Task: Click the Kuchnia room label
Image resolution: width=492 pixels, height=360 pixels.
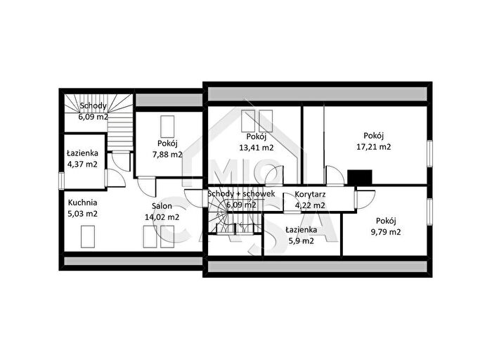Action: pyautogui.click(x=82, y=202)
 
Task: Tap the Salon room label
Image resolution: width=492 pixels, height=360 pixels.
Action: pyautogui.click(x=162, y=206)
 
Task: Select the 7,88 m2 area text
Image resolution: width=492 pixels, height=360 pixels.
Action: pyautogui.click(x=167, y=155)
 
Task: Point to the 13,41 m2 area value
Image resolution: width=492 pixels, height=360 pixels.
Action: pyautogui.click(x=257, y=148)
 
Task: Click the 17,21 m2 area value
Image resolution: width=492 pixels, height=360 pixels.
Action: pyautogui.click(x=374, y=146)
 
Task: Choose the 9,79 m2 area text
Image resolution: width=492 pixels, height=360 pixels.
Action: pyautogui.click(x=386, y=232)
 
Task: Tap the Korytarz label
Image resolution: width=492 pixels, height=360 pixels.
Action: pyautogui.click(x=310, y=194)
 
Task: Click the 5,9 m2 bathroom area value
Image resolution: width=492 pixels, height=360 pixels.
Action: pyautogui.click(x=301, y=241)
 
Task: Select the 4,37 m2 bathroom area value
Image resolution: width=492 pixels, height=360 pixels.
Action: pyautogui.click(x=82, y=164)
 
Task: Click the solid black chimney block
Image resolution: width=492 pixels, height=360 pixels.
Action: pyautogui.click(x=360, y=177)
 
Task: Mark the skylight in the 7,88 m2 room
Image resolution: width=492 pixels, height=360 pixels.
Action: pyautogui.click(x=167, y=127)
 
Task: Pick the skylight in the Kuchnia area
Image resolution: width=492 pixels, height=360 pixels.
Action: pyautogui.click(x=88, y=237)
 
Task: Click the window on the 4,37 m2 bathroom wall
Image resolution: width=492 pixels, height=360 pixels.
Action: pyautogui.click(x=61, y=181)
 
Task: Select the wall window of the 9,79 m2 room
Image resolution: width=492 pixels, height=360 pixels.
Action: pyautogui.click(x=429, y=212)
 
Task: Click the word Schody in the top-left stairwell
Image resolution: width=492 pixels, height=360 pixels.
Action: pyautogui.click(x=93, y=105)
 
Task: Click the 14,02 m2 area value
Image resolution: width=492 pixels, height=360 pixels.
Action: pyautogui.click(x=162, y=217)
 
